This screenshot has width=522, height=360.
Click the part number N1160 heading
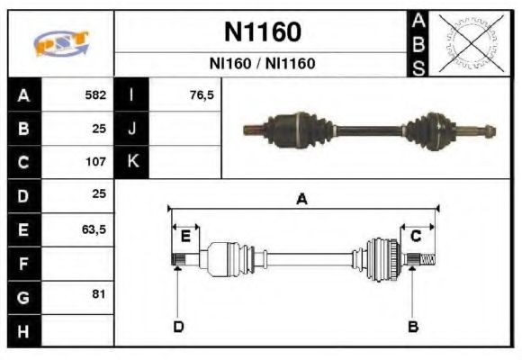point(262,32)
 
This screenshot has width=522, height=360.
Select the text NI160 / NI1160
point(262,65)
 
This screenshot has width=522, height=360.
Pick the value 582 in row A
point(95,94)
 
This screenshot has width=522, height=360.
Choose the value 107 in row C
point(95,162)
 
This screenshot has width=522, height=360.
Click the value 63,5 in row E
point(94,229)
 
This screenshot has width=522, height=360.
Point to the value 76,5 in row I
point(202,94)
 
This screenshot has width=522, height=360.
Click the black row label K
point(132,162)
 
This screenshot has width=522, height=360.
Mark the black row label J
point(132,128)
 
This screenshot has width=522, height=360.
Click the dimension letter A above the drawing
point(302,200)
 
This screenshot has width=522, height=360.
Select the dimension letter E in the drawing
point(184,236)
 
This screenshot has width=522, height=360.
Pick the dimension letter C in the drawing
point(417,236)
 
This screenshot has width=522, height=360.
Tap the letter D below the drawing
point(178,326)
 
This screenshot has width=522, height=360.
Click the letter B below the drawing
point(413,326)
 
